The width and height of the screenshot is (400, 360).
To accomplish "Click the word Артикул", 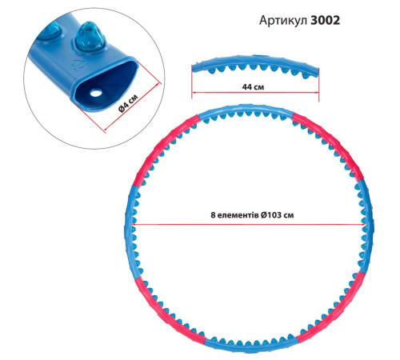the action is coord(283,20).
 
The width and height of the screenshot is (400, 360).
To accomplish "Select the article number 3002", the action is coord(326,20).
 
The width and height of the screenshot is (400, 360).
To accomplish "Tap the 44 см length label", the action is coord(253,87).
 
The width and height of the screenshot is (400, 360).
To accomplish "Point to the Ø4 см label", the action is coord(128,103).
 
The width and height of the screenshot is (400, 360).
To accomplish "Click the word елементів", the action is coord(238,215).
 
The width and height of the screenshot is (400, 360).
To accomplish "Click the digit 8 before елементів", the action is coord(213,215).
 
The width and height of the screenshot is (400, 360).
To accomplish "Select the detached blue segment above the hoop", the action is coord(255,66).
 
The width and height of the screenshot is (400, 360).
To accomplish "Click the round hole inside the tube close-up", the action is coord(96,94).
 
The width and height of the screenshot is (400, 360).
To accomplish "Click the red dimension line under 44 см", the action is coord(255,93).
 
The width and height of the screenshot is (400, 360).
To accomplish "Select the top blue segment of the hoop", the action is coord(246,109).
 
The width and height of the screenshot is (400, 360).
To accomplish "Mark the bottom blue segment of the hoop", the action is coord(250,346).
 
